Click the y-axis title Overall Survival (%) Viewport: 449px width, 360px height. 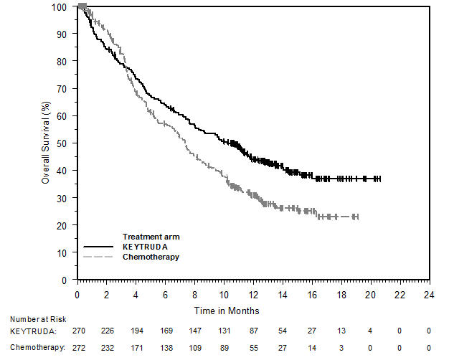click(45, 143)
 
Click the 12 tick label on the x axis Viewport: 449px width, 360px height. click(253, 295)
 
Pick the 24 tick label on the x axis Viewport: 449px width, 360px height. click(429, 295)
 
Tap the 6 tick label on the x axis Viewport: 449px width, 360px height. click(166, 295)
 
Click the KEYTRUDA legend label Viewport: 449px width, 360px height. click(146, 247)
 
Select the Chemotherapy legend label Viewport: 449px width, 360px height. click(151, 256)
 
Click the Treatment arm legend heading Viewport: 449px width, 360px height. click(151, 237)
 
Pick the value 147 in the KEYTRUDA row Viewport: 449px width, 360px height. click(195, 332)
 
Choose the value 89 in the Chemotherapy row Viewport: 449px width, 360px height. click(224, 346)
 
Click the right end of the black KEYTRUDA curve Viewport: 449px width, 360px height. click(380, 179)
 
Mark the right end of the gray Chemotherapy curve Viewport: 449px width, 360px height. click(357, 217)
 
